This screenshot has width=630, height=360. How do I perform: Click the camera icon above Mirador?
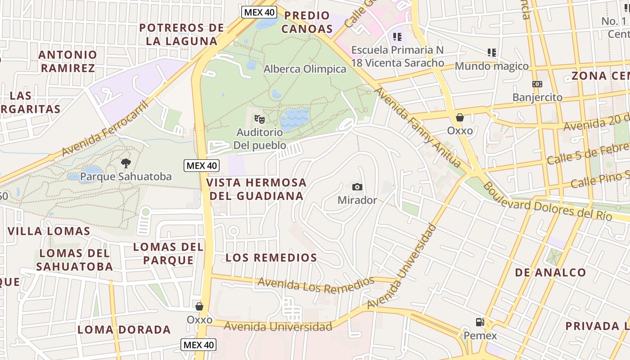point(357,187)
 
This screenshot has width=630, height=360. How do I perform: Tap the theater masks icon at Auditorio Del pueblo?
point(260,119)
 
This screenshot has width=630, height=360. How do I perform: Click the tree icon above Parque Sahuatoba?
point(126,163)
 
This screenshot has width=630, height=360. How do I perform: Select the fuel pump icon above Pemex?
point(480,322)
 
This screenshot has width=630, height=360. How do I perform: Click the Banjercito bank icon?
point(537,84)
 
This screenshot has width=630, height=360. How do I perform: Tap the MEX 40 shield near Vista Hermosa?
point(202,166)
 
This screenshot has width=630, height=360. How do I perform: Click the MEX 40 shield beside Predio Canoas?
point(259,12)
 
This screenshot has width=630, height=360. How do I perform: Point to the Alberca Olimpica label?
point(305,69)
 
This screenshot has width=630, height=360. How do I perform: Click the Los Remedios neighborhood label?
point(271,258)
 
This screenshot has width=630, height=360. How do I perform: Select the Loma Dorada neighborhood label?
point(124,329)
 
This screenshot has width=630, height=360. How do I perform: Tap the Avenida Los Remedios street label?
point(316,285)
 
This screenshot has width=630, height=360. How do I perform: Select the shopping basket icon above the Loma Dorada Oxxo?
point(199,306)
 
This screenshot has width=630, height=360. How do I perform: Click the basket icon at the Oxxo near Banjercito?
point(460,117)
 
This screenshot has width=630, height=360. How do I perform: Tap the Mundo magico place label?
point(491,66)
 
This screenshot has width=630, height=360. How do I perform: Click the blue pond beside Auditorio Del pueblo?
point(295,119)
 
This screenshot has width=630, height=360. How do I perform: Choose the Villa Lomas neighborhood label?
point(49,231)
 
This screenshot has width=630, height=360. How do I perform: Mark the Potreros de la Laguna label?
point(181,34)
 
